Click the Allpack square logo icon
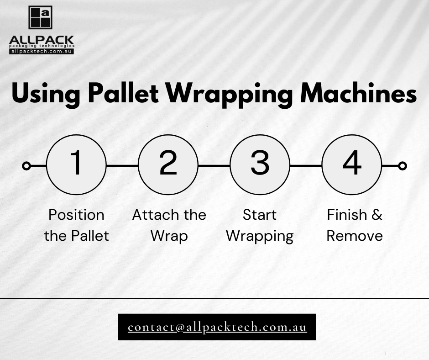pyautogui.click(x=41, y=17)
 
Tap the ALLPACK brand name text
pyautogui.click(x=42, y=40)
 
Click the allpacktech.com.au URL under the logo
pyautogui.click(x=42, y=51)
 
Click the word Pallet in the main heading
pyautogui.click(x=123, y=93)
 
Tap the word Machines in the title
pyautogui.click(x=358, y=93)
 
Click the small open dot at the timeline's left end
pyautogui.click(x=26, y=166)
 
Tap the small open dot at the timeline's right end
pyautogui.click(x=402, y=166)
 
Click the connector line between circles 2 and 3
pyautogui.click(x=214, y=166)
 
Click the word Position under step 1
pyautogui.click(x=76, y=215)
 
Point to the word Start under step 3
pyautogui.click(x=260, y=215)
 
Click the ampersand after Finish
pyautogui.click(x=377, y=215)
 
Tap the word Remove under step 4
pyautogui.click(x=355, y=236)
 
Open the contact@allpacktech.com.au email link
pyautogui.click(x=217, y=327)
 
